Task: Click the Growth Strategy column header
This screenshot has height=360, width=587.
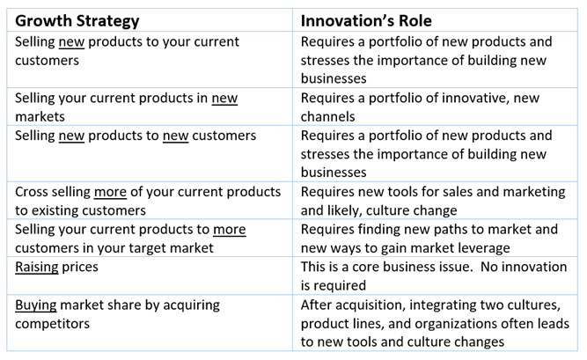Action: [x=77, y=21]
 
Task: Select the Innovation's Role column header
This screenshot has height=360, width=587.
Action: [x=366, y=20]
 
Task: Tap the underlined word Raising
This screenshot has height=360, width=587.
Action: [x=37, y=268]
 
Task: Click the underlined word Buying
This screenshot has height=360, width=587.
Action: [x=36, y=305]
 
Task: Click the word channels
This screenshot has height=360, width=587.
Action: [x=327, y=116]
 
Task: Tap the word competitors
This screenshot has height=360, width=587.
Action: [x=53, y=324]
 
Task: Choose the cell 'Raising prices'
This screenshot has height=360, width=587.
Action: [x=150, y=276]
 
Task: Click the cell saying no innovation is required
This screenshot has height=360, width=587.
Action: [x=435, y=276]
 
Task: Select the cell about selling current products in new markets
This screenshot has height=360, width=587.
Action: [x=150, y=107]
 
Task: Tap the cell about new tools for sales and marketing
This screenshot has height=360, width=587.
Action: [x=435, y=201]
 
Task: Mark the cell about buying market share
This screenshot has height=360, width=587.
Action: [x=150, y=323]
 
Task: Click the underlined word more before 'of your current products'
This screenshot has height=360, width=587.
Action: [x=110, y=192]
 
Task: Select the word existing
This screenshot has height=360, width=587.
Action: [x=56, y=210]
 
